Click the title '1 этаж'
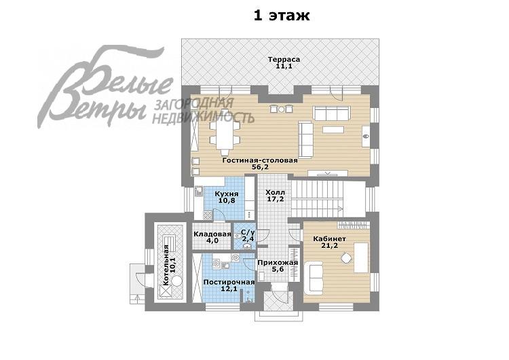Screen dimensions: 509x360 tap(282, 15)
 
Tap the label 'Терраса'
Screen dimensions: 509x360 tap(284, 60)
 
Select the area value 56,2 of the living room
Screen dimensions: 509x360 tap(260, 167)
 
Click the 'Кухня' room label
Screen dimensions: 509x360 tap(227, 194)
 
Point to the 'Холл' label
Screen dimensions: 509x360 tap(275, 192)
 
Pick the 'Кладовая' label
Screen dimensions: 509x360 tap(212, 234)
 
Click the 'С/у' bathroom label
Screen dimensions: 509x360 tap(248, 232)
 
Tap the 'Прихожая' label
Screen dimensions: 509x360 tap(278, 262)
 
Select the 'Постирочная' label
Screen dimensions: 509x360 tap(229, 282)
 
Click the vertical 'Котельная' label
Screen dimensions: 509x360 tap(166, 265)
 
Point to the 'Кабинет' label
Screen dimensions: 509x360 tap(329, 239)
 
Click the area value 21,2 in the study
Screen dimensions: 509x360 tap(329, 246)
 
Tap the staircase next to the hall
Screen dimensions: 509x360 tap(317, 199)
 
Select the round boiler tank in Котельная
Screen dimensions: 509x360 tap(177, 280)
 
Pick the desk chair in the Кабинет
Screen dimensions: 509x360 tap(346, 258)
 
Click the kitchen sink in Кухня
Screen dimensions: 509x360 tap(198, 191)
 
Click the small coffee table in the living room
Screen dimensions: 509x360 tap(333, 130)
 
